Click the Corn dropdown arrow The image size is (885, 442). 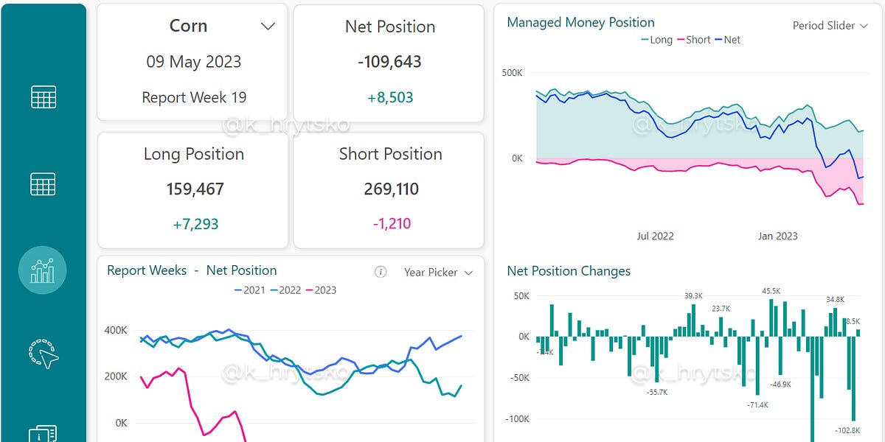pos(268,27)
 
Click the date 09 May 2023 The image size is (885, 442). pos(194,61)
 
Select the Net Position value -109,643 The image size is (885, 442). pos(389,62)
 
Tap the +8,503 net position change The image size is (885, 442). pos(389,97)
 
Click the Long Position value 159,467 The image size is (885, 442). pos(194,189)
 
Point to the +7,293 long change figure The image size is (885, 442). pos(195,224)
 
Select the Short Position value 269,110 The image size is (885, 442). pos(391,189)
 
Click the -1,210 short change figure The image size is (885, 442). pos(390,224)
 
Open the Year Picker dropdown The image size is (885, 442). pos(438,273)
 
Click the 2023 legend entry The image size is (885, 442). pos(321,290)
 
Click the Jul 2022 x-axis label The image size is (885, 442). pos(655,236)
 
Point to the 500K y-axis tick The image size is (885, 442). pos(512,73)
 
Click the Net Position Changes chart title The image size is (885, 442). pos(569,271)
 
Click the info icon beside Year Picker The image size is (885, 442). pos(381,272)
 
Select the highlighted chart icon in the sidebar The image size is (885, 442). pos(43,270)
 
